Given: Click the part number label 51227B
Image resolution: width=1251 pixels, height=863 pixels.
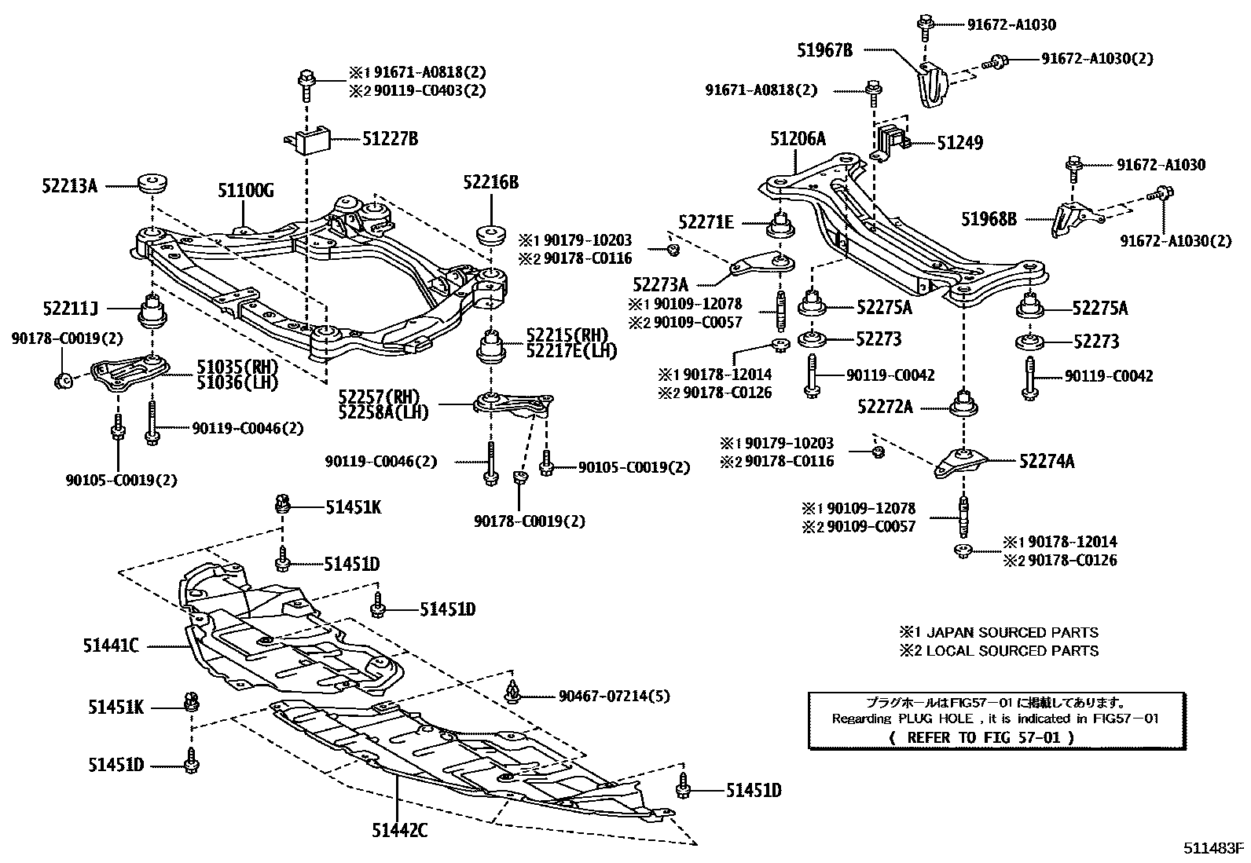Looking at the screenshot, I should click(x=390, y=139).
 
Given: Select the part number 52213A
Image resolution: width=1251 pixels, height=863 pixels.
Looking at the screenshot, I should click(x=69, y=186).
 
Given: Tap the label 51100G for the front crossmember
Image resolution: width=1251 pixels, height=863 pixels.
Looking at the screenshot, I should click(x=245, y=190).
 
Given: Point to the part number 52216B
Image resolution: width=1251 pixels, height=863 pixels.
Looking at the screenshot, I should click(x=490, y=182).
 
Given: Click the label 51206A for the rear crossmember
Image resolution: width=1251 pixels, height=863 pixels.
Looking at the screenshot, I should click(x=798, y=139).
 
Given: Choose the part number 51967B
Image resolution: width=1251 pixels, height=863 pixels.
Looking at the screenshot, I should click(x=824, y=50).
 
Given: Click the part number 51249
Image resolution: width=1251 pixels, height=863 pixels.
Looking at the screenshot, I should click(x=959, y=143).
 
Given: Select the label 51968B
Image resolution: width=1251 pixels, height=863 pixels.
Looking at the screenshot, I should click(x=989, y=219).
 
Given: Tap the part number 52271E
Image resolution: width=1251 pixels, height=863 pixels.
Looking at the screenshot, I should click(x=706, y=223).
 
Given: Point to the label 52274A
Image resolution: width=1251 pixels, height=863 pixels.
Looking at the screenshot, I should click(x=1046, y=462).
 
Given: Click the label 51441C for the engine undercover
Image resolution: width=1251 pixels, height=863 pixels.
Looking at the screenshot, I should click(x=111, y=645).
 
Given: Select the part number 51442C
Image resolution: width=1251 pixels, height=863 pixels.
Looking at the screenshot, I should click(x=399, y=830).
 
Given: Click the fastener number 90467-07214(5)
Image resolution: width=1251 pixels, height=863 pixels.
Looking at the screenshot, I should click(x=614, y=696).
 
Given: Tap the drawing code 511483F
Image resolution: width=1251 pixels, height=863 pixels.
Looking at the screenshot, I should click(x=1215, y=849).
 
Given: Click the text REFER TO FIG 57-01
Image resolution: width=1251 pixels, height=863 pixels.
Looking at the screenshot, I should click(x=984, y=737).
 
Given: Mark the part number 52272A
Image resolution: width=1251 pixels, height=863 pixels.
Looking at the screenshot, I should click(x=885, y=407).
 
